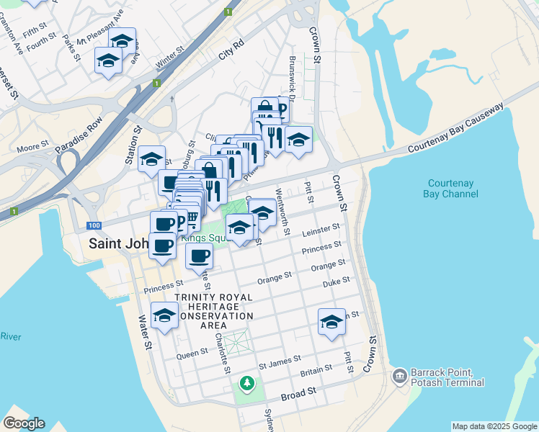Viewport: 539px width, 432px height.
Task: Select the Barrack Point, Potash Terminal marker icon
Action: [x=398, y=377]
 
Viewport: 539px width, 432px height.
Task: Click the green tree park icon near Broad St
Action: [x=247, y=382]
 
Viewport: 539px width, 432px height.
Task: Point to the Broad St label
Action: [x=299, y=392]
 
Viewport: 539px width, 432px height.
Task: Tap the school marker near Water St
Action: [x=164, y=315]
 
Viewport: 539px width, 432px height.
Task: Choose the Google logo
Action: [x=24, y=423]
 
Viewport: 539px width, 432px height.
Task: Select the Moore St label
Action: [x=32, y=148]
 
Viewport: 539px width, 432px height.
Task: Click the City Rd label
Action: [x=232, y=53]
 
